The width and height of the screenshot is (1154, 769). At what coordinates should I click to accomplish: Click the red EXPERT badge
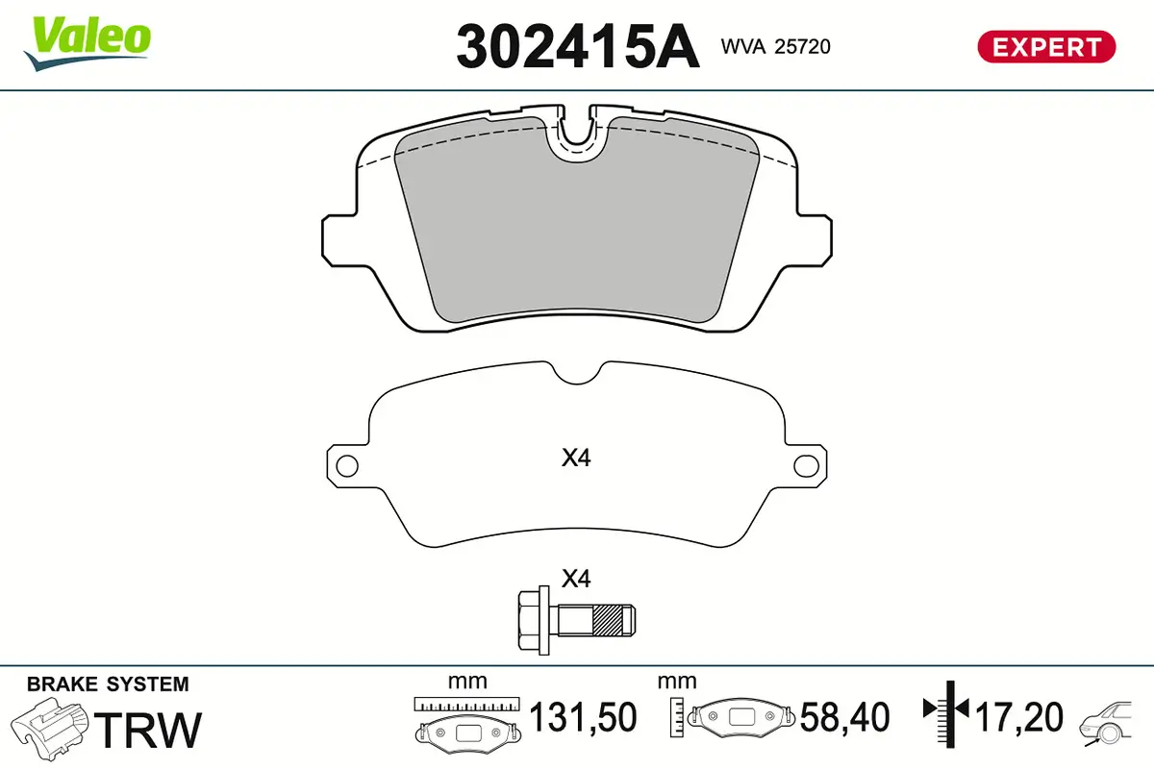click(x=1045, y=46)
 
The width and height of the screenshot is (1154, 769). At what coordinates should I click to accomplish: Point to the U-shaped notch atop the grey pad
click(x=576, y=135)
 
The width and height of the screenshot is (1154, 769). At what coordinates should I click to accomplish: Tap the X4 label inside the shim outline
click(x=575, y=459)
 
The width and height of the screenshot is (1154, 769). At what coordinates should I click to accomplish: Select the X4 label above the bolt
click(x=575, y=579)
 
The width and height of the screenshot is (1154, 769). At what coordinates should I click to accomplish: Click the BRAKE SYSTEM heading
click(x=108, y=684)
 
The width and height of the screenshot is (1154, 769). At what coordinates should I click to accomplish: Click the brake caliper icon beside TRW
click(x=49, y=727)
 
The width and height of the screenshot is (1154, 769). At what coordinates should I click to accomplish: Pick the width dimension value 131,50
click(x=584, y=718)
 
